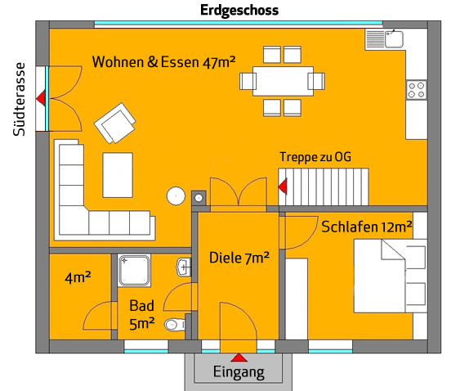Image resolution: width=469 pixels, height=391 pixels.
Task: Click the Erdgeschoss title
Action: [x=239, y=11]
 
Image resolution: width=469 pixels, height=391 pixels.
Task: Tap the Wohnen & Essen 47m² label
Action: [x=163, y=62]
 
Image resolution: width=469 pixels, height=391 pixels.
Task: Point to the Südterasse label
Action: [x=19, y=99]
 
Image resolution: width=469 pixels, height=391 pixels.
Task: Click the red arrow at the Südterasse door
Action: [x=41, y=98]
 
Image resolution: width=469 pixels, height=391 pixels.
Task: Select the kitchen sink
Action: [x=394, y=39]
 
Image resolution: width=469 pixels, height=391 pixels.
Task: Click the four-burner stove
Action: [x=417, y=90]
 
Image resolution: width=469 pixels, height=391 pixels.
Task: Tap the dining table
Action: [x=283, y=81]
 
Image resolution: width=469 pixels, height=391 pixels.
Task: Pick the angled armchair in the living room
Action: [x=115, y=123]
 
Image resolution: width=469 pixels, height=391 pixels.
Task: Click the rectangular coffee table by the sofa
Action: [x=118, y=175]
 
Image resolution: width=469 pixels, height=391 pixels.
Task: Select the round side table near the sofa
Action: [x=176, y=195]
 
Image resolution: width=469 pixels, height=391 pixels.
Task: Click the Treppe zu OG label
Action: [x=315, y=157]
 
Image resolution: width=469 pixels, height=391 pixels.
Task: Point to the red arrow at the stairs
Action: [x=283, y=187]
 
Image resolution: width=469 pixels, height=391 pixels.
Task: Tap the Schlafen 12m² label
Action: [x=367, y=227]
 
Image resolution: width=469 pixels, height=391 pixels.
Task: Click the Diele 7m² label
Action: [x=239, y=258]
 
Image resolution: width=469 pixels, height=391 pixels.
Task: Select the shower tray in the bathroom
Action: [x=134, y=271]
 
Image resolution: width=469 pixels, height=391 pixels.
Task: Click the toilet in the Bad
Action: [x=175, y=325]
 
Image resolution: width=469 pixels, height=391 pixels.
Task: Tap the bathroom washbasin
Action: [x=184, y=267]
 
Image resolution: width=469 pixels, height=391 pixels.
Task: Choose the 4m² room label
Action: [x=78, y=277]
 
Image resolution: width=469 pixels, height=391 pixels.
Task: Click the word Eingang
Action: [x=239, y=372]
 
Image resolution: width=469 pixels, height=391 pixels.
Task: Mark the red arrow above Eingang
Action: [x=239, y=357]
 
